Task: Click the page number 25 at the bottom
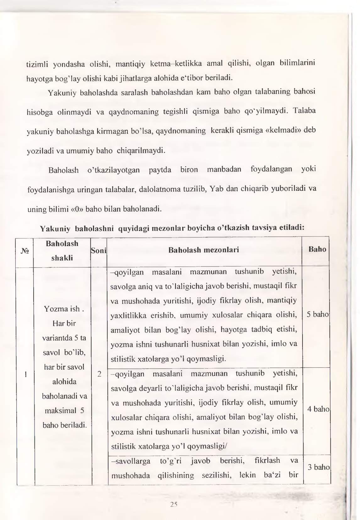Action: click(x=174, y=505)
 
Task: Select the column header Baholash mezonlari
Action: click(x=204, y=250)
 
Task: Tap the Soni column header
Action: click(x=99, y=251)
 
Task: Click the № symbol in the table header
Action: click(x=25, y=251)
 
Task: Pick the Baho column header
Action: click(x=317, y=249)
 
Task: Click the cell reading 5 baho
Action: click(x=317, y=314)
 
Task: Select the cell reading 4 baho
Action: click(x=318, y=409)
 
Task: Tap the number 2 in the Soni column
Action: click(x=99, y=374)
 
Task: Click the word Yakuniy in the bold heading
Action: click(x=55, y=229)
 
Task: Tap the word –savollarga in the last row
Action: click(x=131, y=461)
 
